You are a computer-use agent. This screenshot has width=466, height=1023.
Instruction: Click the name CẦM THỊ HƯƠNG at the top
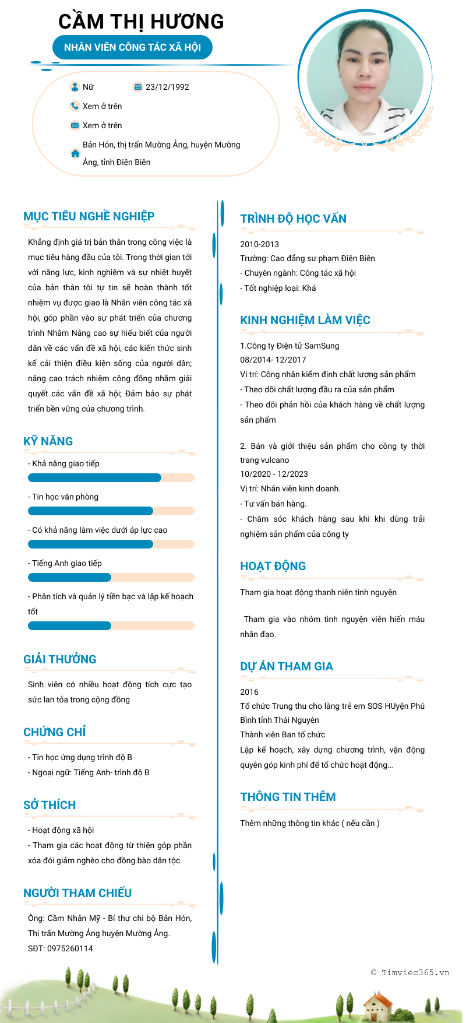[141, 22]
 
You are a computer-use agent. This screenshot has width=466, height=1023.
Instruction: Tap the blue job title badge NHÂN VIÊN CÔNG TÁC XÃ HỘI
[132, 47]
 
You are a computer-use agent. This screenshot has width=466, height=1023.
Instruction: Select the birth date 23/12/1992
[167, 87]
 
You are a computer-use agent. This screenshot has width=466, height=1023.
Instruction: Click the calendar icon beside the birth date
[138, 87]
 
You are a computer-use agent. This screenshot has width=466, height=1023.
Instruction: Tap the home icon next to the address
[75, 154]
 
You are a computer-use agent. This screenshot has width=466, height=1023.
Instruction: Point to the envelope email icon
[75, 125]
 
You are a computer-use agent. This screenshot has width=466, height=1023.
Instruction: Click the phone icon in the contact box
[75, 106]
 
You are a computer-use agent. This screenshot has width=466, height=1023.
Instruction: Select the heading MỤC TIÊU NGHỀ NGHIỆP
[89, 216]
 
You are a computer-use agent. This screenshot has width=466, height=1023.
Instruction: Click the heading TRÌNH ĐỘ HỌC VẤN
[293, 219]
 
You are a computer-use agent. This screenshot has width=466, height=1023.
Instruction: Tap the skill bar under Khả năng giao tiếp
[111, 478]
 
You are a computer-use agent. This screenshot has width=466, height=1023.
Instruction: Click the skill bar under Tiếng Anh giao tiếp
[111, 578]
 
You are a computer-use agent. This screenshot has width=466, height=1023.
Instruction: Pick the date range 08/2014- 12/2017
[273, 360]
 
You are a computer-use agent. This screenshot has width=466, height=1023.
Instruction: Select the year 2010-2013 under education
[259, 244]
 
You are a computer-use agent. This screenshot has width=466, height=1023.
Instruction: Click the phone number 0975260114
[70, 948]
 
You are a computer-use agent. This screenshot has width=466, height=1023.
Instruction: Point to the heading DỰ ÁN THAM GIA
[287, 666]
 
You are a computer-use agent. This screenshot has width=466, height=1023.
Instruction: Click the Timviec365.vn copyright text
[410, 972]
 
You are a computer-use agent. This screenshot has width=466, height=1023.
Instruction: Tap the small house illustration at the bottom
[377, 1006]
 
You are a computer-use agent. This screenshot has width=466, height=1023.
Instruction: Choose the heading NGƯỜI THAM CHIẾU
[77, 893]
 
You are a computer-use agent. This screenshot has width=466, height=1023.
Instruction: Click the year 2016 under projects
[249, 692]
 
